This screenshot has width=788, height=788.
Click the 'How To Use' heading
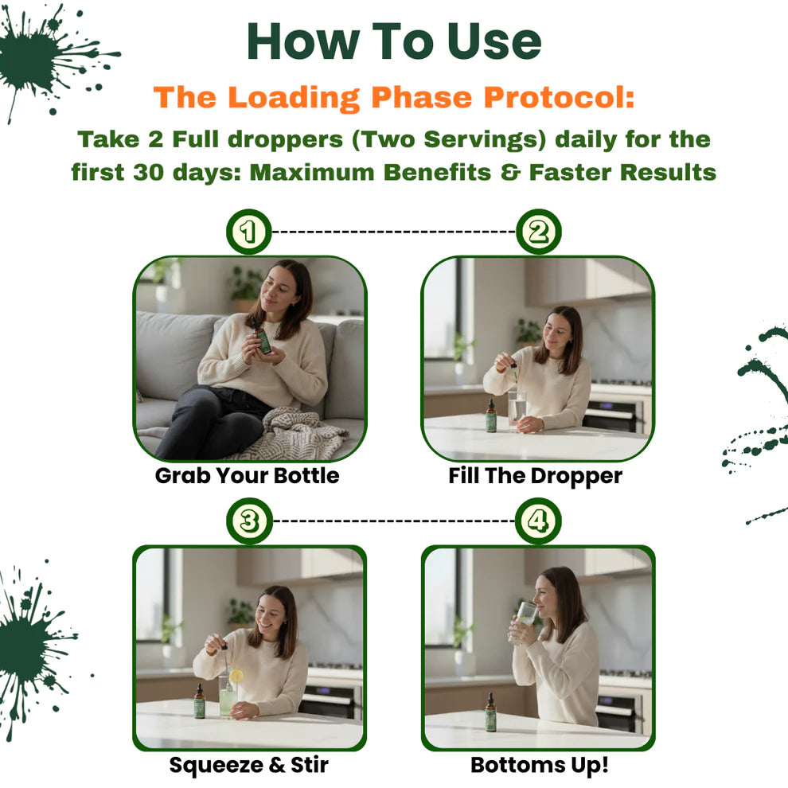[x=394, y=41]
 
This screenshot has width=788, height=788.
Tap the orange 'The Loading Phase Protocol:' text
[x=394, y=97]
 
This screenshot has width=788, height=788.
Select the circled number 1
[x=249, y=232]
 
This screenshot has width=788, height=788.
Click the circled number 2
[x=538, y=232]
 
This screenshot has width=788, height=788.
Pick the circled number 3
[x=249, y=521]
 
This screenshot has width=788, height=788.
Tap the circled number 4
[x=538, y=521]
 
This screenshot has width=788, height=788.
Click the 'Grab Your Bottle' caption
[x=247, y=476]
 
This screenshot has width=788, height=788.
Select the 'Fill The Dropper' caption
[x=535, y=476]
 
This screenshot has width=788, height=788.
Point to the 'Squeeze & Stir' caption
[x=248, y=766]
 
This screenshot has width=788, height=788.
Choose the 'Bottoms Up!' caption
[x=539, y=766]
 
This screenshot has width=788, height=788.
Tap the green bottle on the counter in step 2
[x=491, y=417]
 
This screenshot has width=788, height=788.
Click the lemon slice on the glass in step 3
[x=236, y=676]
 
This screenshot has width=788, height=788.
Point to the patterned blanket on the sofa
[x=295, y=436]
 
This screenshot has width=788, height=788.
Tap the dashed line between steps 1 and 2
[x=394, y=232]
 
